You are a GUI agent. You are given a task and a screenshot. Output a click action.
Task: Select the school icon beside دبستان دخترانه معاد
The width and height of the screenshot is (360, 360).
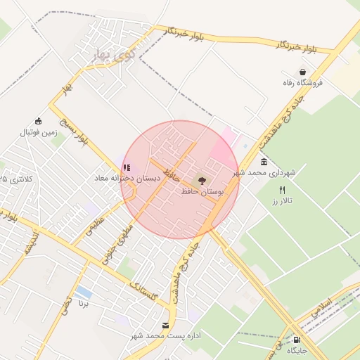click(x=127, y=168)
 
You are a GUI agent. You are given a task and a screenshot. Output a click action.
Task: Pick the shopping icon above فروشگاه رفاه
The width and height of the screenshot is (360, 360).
click(x=302, y=72)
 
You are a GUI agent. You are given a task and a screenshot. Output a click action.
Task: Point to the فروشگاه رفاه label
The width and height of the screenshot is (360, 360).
click(x=302, y=82)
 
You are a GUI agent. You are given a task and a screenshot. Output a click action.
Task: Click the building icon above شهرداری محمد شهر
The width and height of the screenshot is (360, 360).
click(x=264, y=162)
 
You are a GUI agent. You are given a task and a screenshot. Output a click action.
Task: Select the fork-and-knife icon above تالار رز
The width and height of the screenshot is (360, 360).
click(x=283, y=190)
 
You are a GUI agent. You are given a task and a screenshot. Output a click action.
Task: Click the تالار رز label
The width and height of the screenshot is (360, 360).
click(x=283, y=200)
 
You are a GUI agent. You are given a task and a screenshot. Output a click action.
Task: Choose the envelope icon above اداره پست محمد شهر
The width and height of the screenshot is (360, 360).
click(x=166, y=325)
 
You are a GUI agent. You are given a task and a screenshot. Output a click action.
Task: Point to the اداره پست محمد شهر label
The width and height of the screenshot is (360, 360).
click(x=166, y=335)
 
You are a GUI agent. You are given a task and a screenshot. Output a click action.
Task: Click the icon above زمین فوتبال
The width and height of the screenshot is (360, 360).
click(x=38, y=121)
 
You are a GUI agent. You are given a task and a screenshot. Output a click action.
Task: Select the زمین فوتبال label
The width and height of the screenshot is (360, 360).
click(x=38, y=131)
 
